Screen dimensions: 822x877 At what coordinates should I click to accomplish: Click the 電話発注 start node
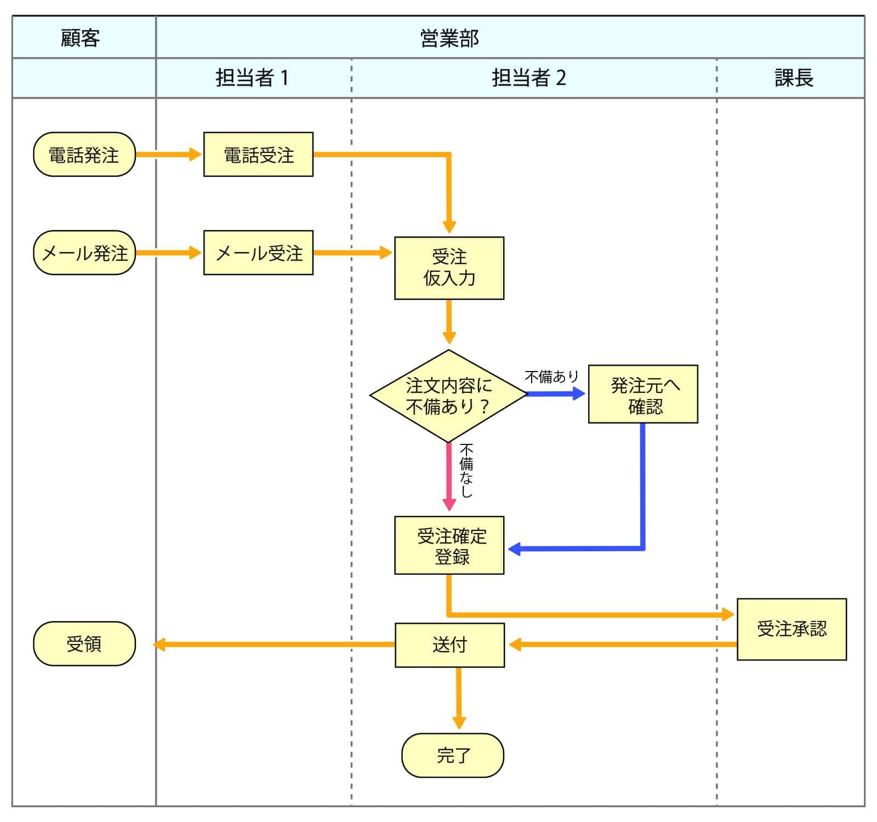84,155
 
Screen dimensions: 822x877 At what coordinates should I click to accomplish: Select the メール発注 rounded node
84,253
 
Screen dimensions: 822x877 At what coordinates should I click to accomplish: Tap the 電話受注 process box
258,155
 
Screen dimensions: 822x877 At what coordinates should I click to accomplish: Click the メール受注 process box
258,253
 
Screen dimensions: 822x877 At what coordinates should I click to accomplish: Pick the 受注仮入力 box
449,268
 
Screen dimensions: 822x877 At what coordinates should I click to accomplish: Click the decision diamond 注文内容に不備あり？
448,396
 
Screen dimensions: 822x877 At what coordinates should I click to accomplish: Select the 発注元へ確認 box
643,394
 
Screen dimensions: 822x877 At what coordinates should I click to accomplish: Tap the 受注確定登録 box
449,545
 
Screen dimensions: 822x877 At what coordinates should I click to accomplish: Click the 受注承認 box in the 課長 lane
791,629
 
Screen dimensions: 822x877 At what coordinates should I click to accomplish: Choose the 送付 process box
449,645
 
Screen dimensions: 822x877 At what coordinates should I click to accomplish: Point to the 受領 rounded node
84,643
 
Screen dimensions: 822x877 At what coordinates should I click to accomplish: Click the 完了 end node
453,755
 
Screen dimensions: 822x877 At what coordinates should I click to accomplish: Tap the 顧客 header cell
81,38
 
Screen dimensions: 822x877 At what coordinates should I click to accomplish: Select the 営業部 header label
449,38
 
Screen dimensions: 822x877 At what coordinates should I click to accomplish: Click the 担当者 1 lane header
252,78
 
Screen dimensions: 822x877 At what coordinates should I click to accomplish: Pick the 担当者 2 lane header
528,78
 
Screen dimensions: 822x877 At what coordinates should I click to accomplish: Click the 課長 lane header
793,78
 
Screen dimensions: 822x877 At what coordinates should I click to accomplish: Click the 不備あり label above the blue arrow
551,376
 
